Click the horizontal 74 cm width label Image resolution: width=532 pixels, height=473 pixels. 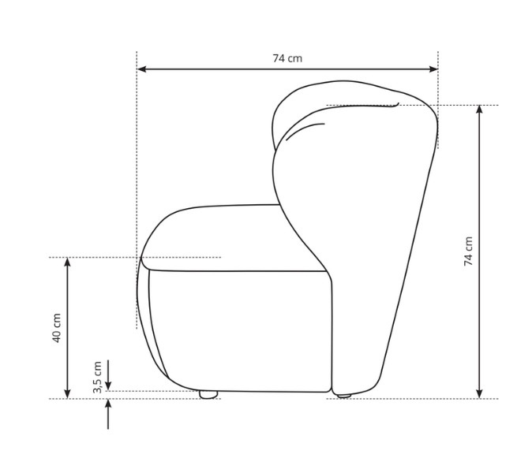click(287, 58)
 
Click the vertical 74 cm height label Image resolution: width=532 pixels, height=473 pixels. click(468, 251)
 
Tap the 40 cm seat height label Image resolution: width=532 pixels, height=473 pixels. click(57, 328)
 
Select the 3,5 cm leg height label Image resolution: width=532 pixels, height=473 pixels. click(97, 377)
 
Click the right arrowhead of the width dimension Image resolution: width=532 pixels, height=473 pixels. click(433, 69)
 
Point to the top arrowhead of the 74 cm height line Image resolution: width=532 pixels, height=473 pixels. click(479, 110)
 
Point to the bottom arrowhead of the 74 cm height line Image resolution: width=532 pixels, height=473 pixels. click(479, 394)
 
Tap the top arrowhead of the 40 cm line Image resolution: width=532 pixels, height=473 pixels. click(68, 262)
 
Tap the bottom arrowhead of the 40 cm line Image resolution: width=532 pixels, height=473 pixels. click(68, 394)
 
